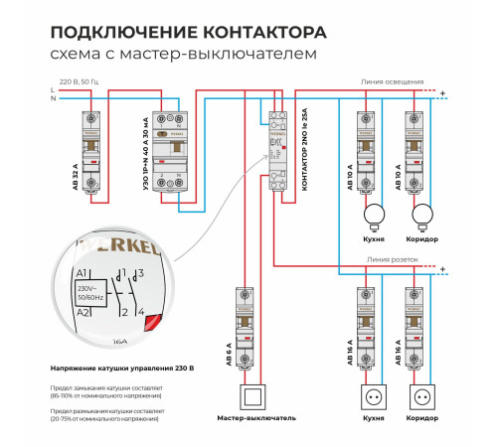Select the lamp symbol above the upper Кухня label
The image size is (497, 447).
(x=375, y=213)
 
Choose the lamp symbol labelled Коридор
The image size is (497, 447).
(x=422, y=213)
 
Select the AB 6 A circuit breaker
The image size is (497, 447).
(x=247, y=329)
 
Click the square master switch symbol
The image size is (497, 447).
(x=255, y=396)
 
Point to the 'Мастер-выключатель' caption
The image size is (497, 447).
(x=255, y=419)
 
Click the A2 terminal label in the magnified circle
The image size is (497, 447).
(x=83, y=312)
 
